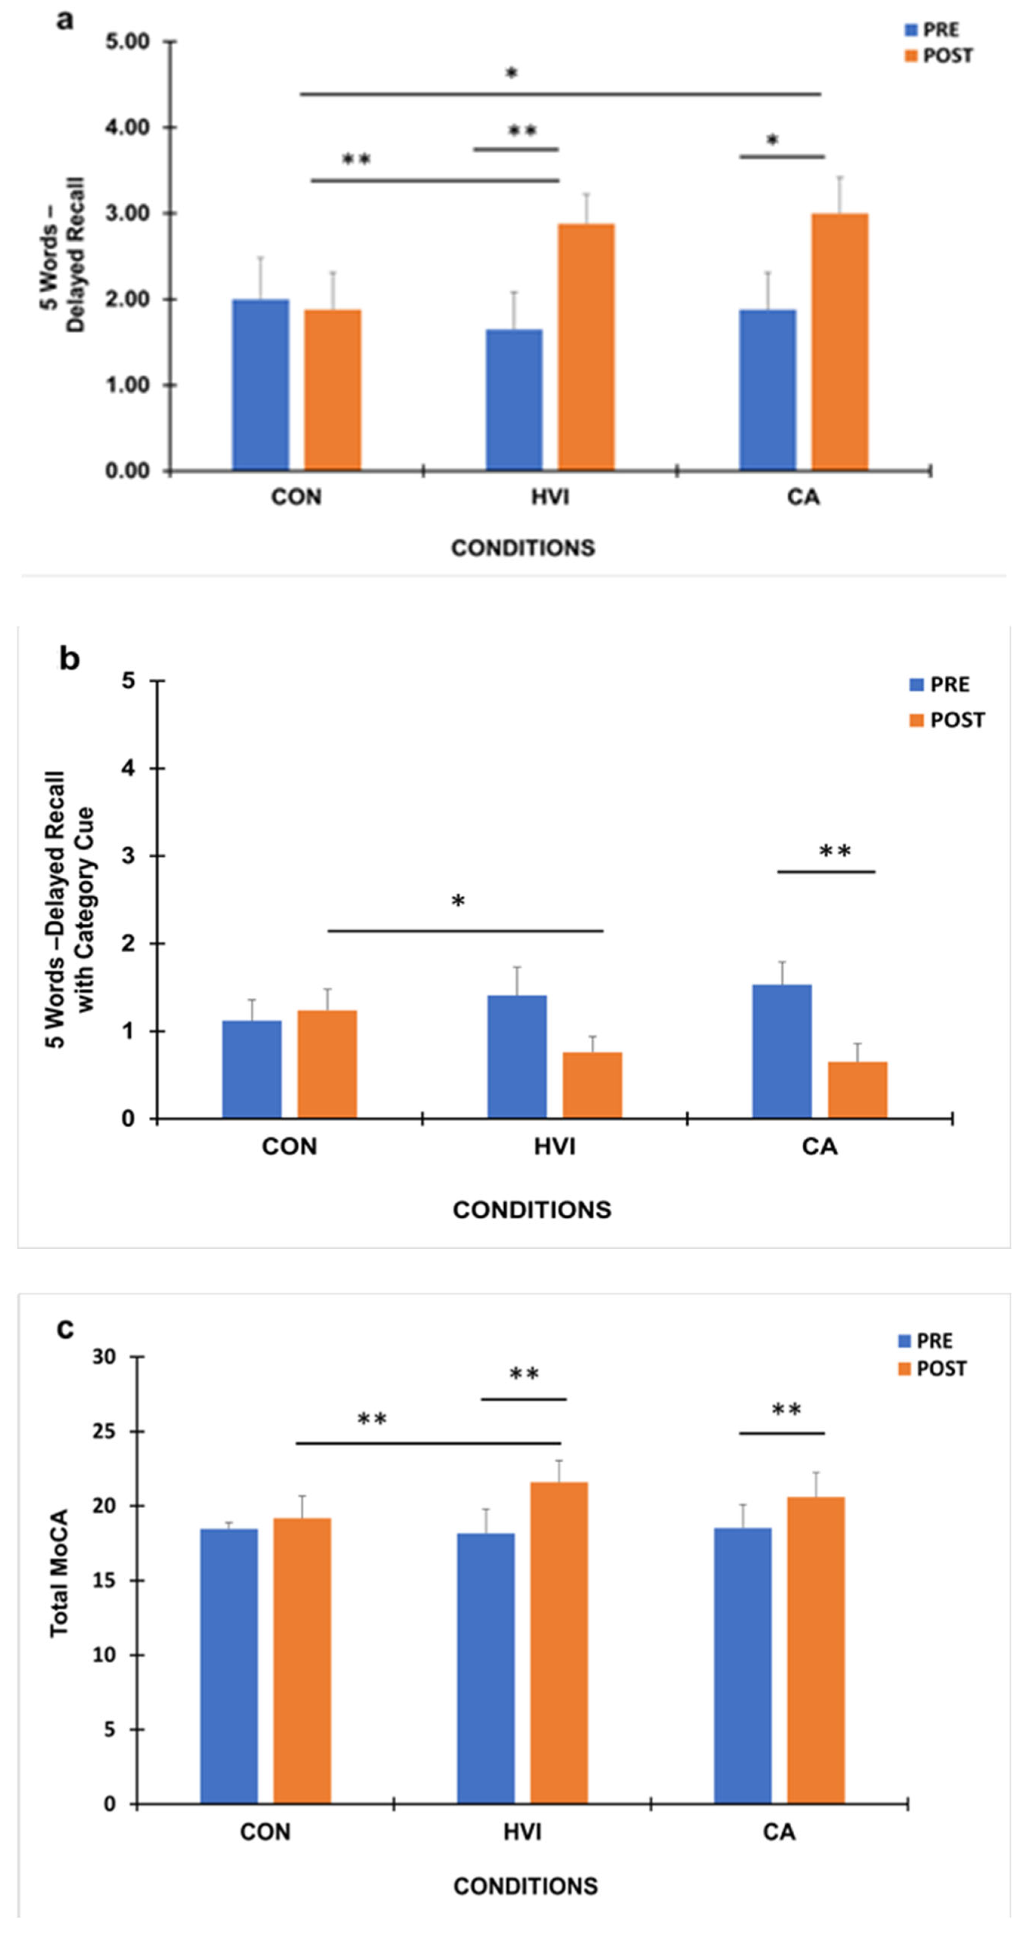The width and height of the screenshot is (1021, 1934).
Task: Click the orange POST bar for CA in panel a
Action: point(839,342)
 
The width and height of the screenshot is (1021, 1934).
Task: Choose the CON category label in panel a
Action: point(297,497)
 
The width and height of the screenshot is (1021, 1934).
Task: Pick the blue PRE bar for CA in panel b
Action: point(782,1051)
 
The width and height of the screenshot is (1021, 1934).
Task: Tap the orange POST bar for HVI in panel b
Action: point(592,1085)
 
